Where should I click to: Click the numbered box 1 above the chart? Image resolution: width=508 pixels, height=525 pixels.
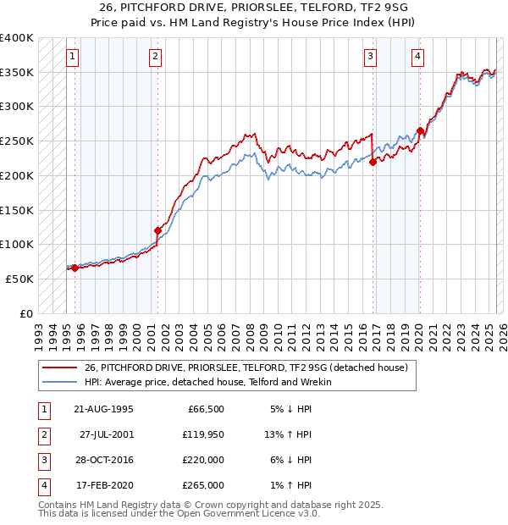click(73, 57)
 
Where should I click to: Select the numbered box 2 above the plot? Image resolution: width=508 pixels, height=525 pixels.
click(156, 57)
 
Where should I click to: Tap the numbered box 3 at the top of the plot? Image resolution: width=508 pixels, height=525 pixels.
click(371, 57)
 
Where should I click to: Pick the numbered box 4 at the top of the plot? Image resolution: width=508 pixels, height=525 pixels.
click(418, 57)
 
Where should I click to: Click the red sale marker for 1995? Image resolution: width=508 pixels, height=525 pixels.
click(75, 268)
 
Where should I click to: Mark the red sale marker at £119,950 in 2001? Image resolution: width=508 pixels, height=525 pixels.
click(157, 230)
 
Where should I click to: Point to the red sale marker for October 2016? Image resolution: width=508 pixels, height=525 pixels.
click(373, 162)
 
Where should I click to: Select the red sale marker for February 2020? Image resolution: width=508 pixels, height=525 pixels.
click(420, 130)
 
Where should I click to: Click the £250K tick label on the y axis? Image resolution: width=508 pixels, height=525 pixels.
click(17, 141)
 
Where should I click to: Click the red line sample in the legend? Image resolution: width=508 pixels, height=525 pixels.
click(59, 367)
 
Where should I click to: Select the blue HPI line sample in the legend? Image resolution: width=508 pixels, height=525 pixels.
click(59, 382)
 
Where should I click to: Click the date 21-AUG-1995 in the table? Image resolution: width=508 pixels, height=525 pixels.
click(104, 410)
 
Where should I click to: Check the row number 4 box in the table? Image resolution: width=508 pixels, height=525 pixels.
click(42, 486)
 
